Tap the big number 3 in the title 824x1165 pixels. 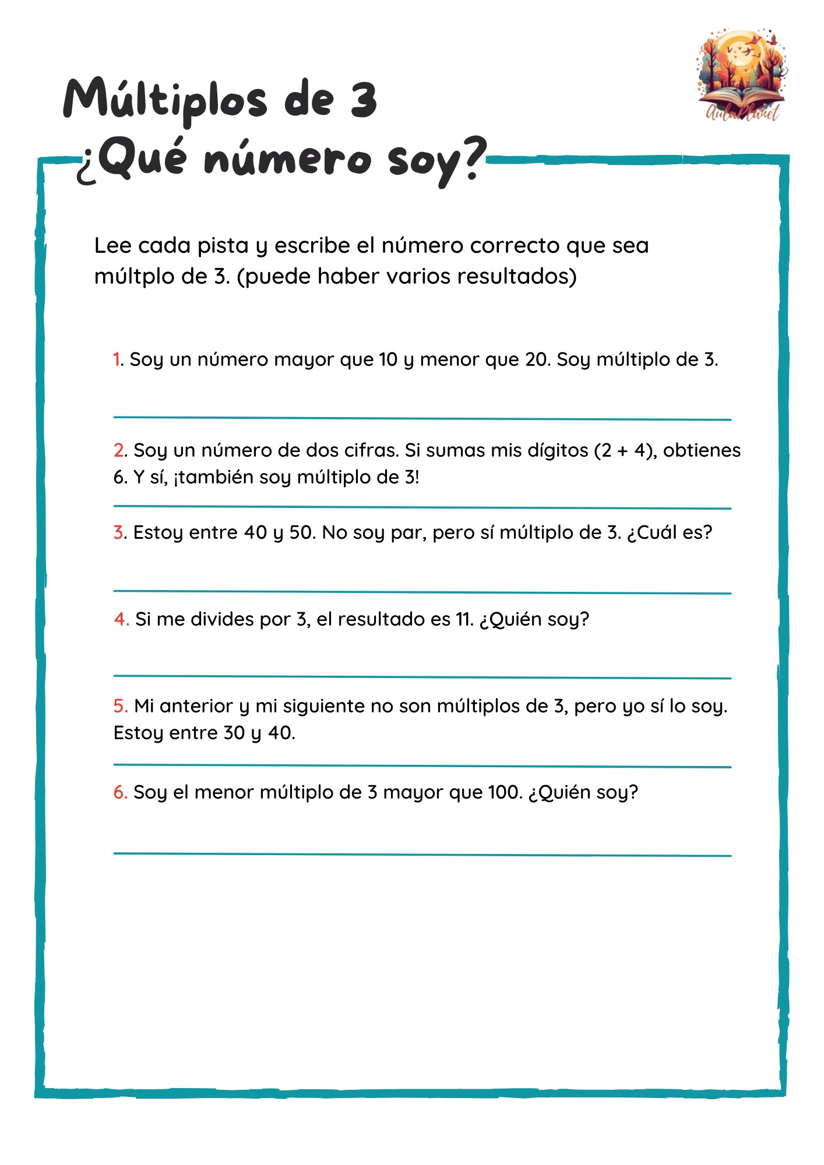[x=364, y=99]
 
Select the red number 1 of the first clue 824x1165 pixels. [x=117, y=359]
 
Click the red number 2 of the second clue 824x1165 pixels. [x=119, y=450]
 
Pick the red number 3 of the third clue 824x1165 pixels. [x=118, y=532]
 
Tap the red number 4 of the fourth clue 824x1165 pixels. [x=121, y=619]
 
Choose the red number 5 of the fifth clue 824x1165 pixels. [x=120, y=706]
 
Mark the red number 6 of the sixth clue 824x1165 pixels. [x=119, y=792]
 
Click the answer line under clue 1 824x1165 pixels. [x=422, y=418]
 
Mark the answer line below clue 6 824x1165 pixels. [x=422, y=854]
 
